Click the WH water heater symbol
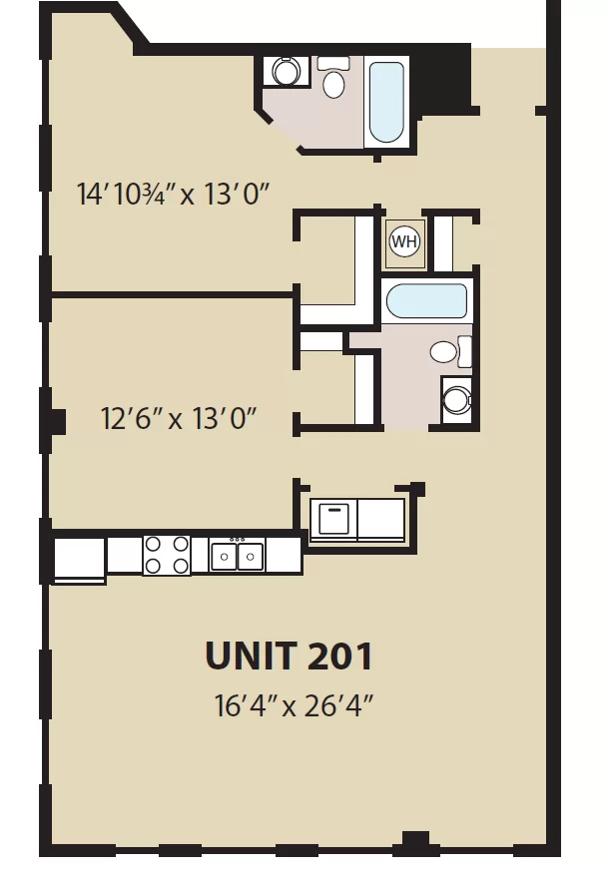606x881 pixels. click(x=404, y=241)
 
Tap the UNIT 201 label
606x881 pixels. click(x=289, y=656)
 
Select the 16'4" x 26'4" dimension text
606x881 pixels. click(x=294, y=705)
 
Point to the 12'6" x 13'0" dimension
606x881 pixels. click(x=179, y=419)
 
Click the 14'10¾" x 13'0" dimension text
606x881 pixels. click(x=173, y=194)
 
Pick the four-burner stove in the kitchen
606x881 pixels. click(x=167, y=555)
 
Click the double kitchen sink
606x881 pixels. click(x=238, y=555)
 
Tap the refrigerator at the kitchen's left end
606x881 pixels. click(x=79, y=561)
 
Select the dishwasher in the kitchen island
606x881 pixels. click(x=333, y=518)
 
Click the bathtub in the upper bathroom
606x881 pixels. click(x=386, y=102)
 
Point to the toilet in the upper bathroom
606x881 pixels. click(x=333, y=77)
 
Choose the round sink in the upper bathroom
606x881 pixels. click(x=287, y=71)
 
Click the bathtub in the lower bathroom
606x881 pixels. click(x=426, y=301)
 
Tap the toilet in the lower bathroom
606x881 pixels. click(x=450, y=352)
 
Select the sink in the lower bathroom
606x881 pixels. click(x=456, y=399)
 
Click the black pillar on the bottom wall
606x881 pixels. click(x=415, y=843)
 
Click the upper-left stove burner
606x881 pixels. click(x=153, y=544)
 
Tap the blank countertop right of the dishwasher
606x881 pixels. click(x=381, y=518)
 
